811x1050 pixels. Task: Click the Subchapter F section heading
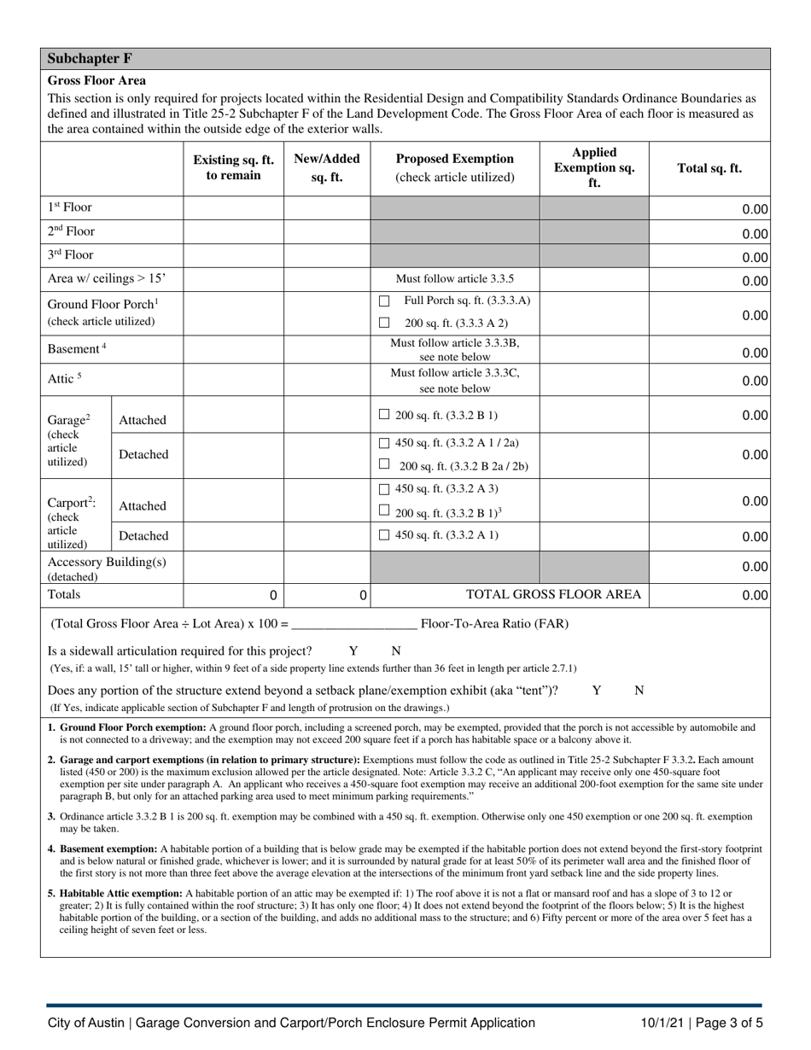[90, 59]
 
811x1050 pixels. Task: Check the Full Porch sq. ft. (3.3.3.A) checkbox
[384, 301]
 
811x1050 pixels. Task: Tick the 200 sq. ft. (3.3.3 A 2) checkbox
[384, 323]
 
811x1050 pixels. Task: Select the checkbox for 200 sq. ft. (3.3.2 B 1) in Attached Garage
[384, 415]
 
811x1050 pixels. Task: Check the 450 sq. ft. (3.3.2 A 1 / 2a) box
[384, 443]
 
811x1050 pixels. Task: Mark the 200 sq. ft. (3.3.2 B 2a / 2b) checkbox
[384, 464]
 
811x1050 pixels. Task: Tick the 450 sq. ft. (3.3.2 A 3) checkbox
[384, 489]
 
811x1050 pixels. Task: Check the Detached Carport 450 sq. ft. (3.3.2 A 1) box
[384, 535]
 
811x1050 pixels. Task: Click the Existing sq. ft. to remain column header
[233, 167]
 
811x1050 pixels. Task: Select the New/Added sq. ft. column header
[326, 167]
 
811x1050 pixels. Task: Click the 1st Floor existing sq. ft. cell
[233, 207]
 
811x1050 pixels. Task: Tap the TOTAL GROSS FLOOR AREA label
[553, 594]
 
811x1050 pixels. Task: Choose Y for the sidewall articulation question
[353, 650]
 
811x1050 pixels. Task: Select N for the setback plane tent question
[639, 691]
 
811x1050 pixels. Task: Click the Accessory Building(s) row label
[107, 562]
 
